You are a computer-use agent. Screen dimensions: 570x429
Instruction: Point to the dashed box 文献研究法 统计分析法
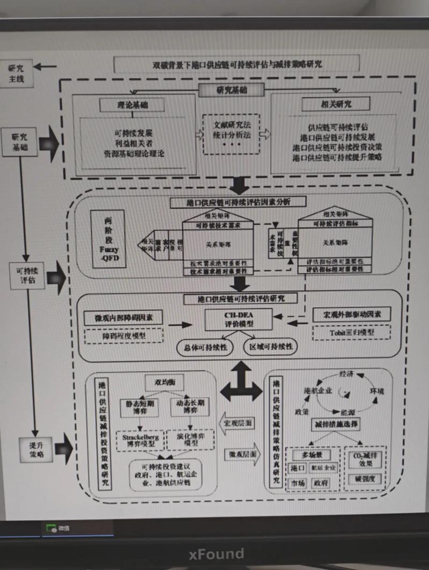point(231,134)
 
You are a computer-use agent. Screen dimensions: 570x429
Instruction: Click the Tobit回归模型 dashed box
point(351,332)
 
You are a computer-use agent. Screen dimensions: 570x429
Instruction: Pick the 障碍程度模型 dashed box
point(123,336)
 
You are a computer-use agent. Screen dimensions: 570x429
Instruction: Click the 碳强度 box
point(365,479)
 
